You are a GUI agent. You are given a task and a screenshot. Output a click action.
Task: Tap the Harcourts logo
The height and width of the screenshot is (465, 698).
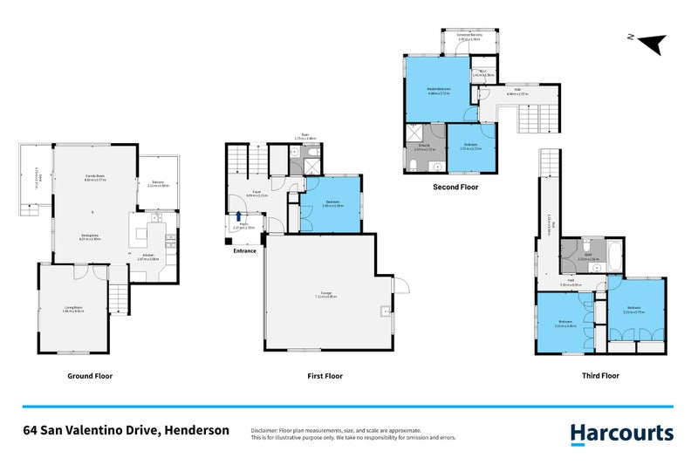(x=621, y=433)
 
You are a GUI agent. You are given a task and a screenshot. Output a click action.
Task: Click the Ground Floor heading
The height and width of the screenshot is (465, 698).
(x=90, y=376)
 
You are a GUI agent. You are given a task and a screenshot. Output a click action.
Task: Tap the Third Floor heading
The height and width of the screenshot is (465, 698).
(x=599, y=376)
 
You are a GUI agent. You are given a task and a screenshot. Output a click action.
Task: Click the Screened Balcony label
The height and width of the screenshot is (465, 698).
(x=469, y=36)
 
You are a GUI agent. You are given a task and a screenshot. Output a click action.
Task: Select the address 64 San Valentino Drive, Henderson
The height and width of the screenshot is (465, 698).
(x=127, y=430)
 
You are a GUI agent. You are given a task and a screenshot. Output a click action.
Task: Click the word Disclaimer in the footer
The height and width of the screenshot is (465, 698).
(x=264, y=430)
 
